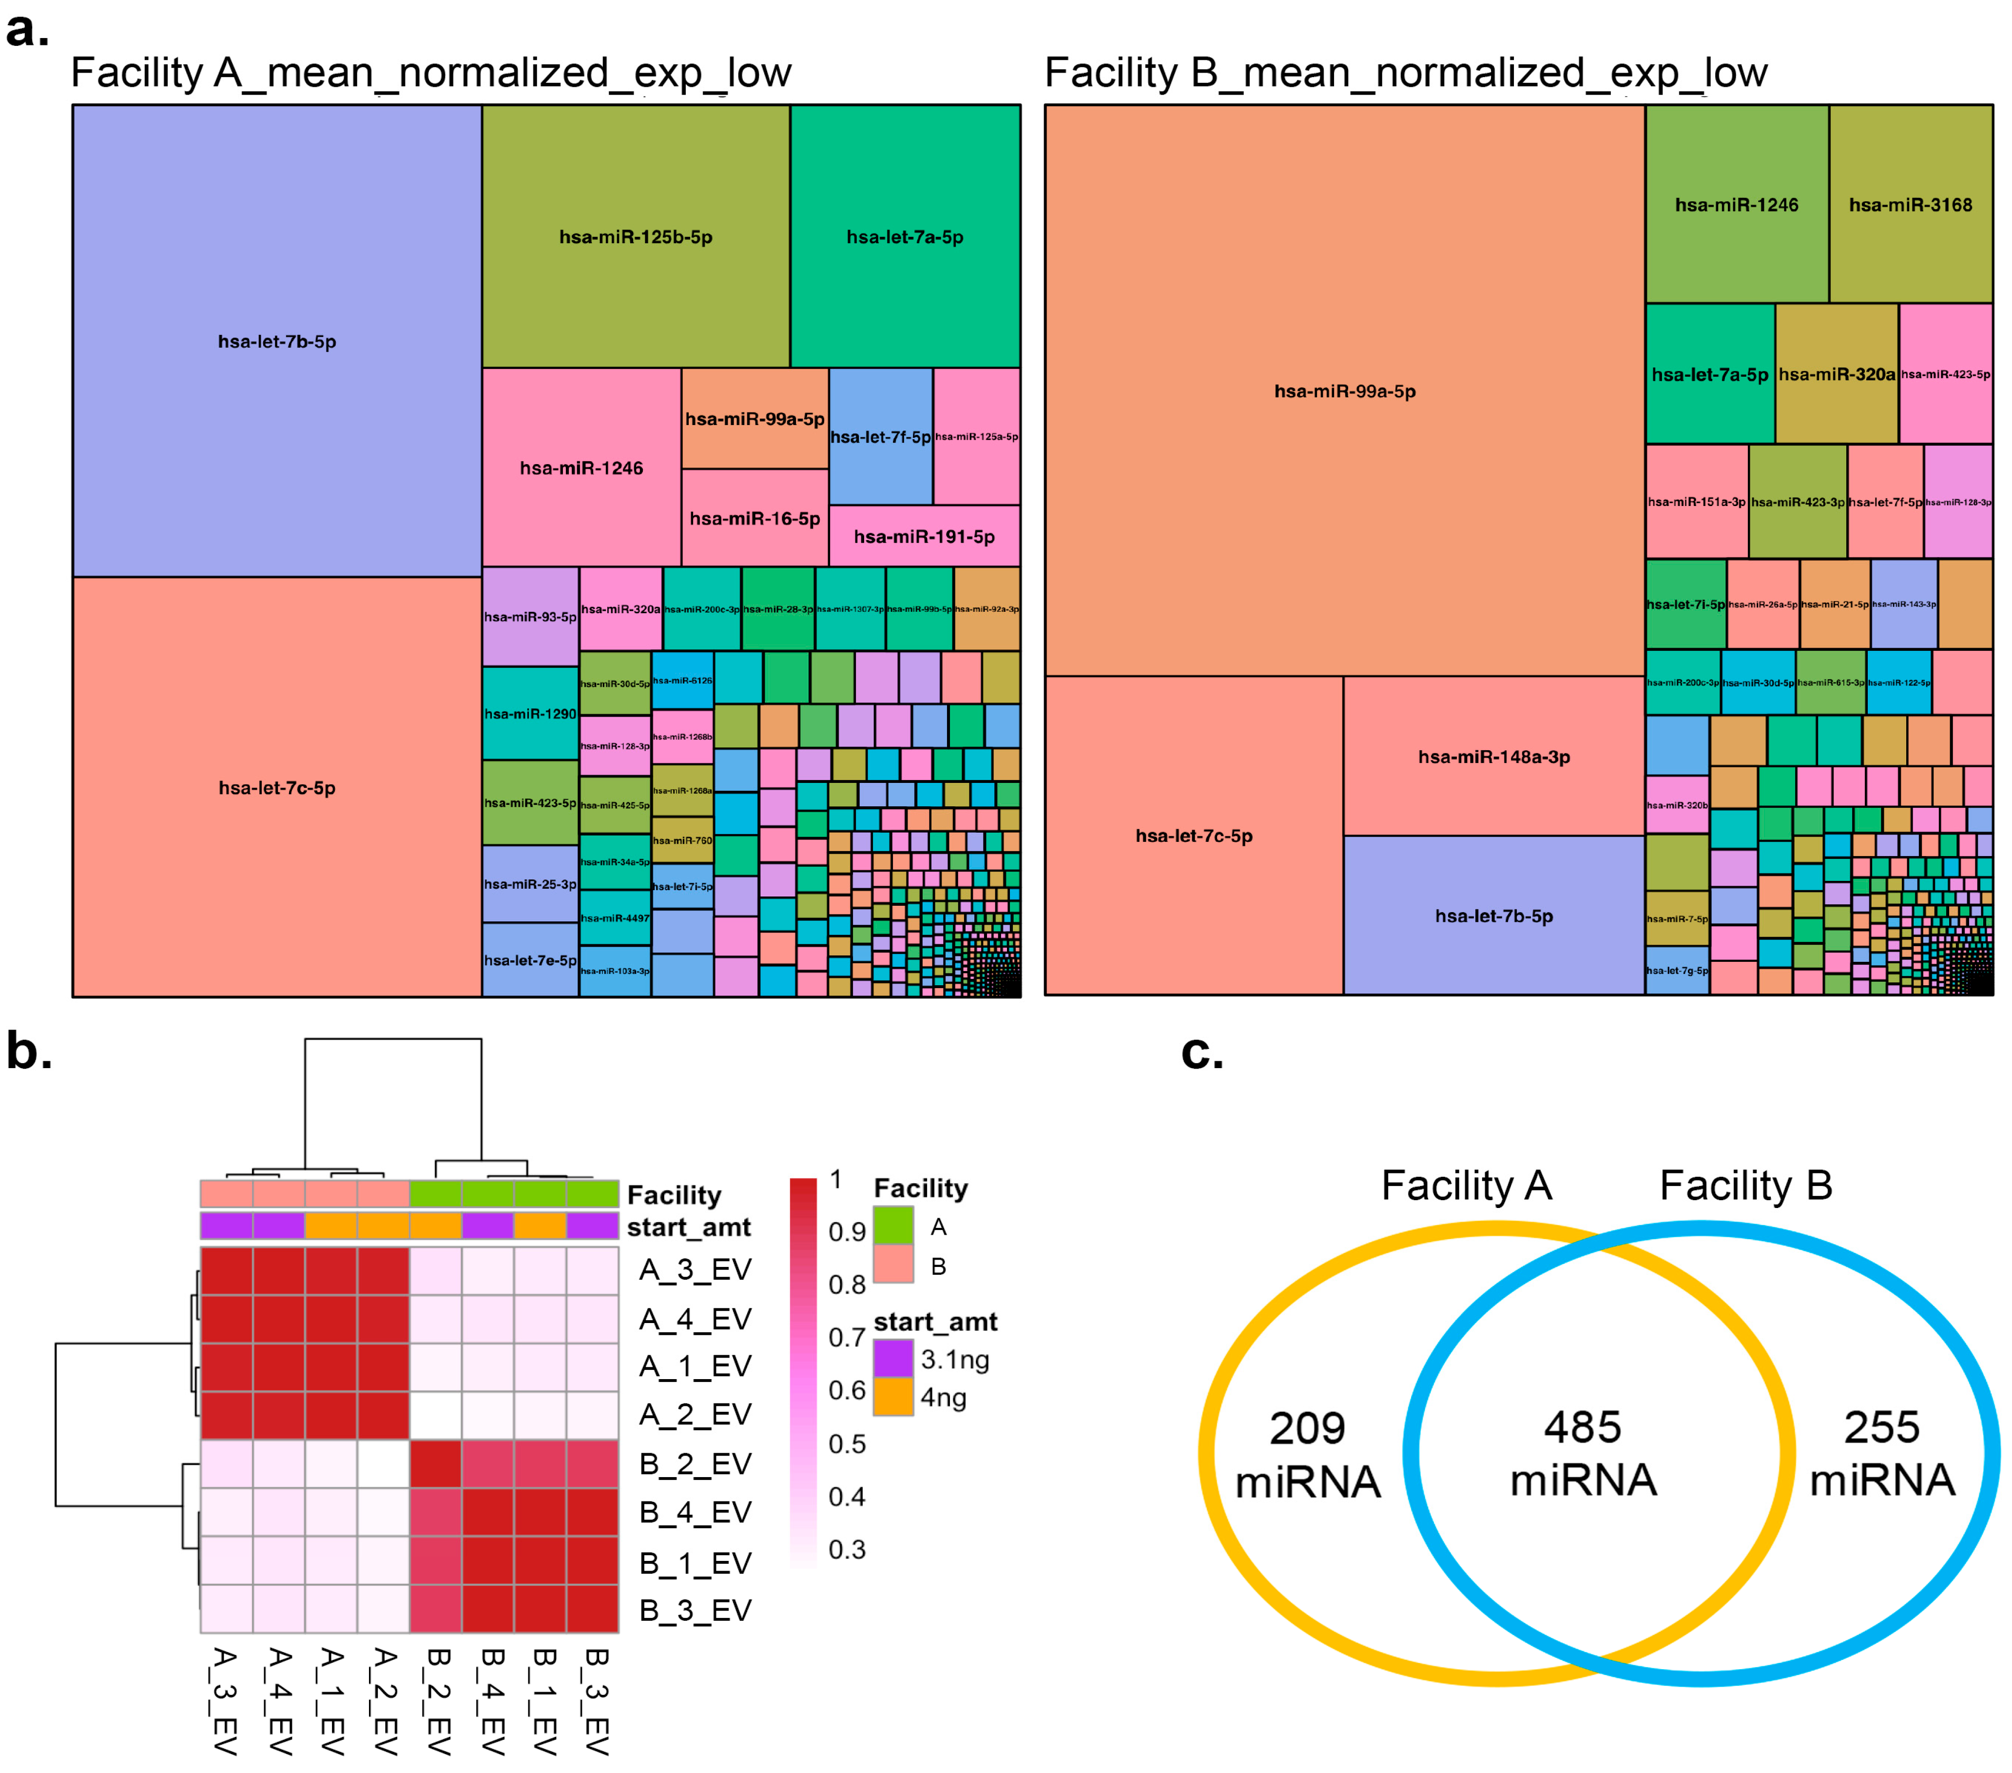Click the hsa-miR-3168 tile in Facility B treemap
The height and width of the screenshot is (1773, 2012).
pyautogui.click(x=1910, y=205)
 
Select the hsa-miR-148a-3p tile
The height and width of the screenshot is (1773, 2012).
pyautogui.click(x=1493, y=756)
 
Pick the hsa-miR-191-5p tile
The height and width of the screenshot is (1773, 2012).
pyautogui.click(x=923, y=537)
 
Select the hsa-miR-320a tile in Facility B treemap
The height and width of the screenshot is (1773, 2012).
pyautogui.click(x=1836, y=374)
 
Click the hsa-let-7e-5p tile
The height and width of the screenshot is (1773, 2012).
pyautogui.click(x=530, y=960)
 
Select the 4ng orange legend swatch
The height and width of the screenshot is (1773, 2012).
pyautogui.click(x=893, y=1397)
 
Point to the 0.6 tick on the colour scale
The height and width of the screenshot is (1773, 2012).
pyautogui.click(x=847, y=1390)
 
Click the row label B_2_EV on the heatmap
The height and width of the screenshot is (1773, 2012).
pyautogui.click(x=695, y=1464)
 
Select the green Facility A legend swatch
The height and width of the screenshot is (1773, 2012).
pyautogui.click(x=893, y=1227)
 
